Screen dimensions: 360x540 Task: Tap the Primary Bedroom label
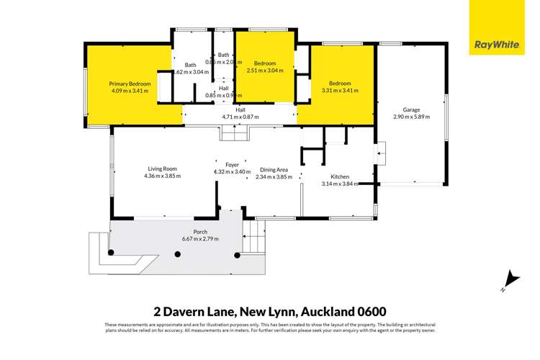click(x=130, y=84)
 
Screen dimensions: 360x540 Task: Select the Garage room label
click(x=411, y=110)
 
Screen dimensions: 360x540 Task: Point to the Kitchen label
click(x=339, y=176)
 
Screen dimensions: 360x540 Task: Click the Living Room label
click(x=162, y=168)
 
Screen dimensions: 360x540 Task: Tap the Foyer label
click(x=232, y=165)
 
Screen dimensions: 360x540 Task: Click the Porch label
click(x=200, y=232)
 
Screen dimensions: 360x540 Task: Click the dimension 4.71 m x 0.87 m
click(x=240, y=117)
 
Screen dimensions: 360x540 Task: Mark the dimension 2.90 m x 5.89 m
click(x=411, y=117)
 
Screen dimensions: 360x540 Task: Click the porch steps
click(x=253, y=238)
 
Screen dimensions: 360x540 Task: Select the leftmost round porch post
click(x=111, y=252)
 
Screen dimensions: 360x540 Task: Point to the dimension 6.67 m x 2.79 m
click(x=200, y=239)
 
